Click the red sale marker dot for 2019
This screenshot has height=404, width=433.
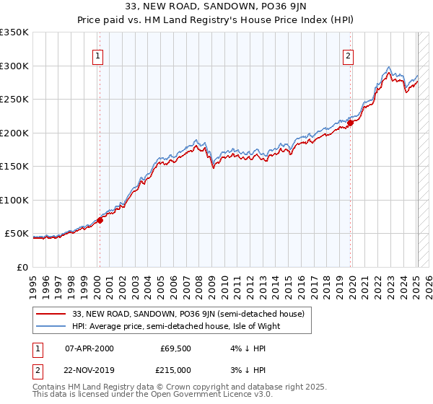coord(350,123)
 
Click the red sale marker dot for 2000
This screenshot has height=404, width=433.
coord(100,221)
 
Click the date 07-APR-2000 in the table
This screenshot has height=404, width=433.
coord(89,348)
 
